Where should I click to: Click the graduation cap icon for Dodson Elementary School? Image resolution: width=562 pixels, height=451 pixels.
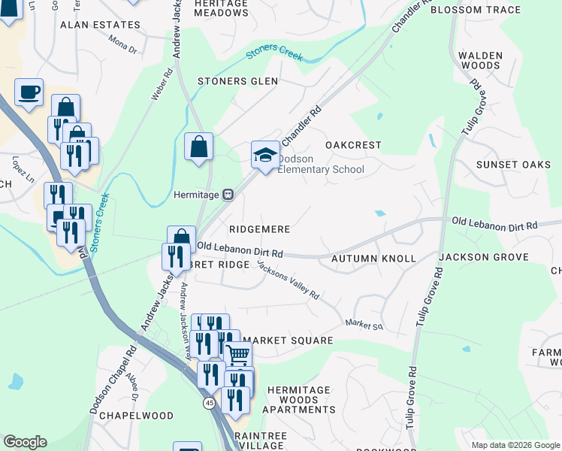[x=264, y=155]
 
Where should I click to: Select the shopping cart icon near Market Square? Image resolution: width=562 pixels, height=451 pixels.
[x=237, y=353]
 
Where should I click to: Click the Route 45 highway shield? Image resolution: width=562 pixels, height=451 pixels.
[x=208, y=404]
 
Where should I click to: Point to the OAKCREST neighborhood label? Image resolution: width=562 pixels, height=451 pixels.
[x=353, y=144]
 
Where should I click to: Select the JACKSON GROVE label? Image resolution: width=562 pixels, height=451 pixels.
[x=484, y=257]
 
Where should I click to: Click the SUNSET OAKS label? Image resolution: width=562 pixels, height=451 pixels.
[x=514, y=165]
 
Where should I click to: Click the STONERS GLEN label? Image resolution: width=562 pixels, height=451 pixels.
[x=237, y=81]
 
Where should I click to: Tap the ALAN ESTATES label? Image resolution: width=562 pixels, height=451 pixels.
[x=100, y=25]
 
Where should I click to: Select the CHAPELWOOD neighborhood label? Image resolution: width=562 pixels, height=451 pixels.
[x=121, y=415]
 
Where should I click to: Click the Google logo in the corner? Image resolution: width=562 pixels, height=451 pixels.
[x=25, y=442]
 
